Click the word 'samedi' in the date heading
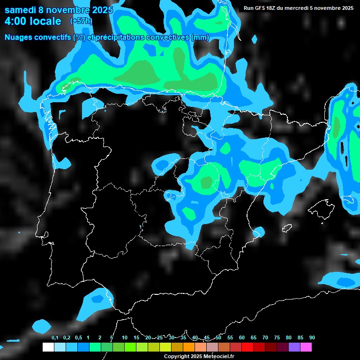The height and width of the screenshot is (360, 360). (x=21, y=10)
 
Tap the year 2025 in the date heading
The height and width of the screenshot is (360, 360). (x=100, y=10)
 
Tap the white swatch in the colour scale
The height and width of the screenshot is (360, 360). (x=48, y=347)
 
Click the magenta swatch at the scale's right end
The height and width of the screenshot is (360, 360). (x=306, y=347)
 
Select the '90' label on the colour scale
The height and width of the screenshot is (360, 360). (x=312, y=338)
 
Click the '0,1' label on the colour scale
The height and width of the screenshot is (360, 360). (x=55, y=338)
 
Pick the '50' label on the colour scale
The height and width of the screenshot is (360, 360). (x=218, y=338)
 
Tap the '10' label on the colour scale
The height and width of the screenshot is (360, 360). (x=125, y=338)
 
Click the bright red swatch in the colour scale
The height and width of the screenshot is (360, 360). (x=247, y=347)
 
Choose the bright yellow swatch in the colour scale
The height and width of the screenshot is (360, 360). (x=165, y=347)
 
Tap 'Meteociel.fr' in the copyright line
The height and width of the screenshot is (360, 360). (x=219, y=356)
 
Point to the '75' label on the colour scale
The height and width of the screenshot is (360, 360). (x=277, y=338)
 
